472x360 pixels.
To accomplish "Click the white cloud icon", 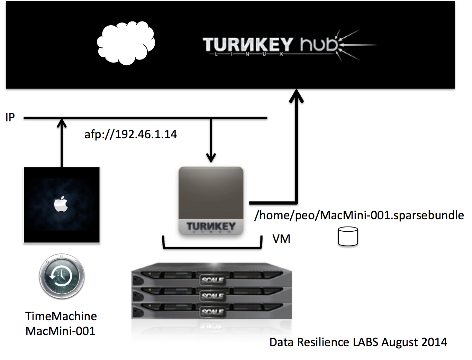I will point(126,43).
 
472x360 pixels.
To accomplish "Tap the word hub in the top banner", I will point(319,44).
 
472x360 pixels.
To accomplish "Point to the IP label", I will point(10,118).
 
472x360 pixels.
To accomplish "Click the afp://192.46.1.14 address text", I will point(130,134).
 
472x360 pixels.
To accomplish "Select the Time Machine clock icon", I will point(62,277).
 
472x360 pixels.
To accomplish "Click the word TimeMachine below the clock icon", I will point(61,316).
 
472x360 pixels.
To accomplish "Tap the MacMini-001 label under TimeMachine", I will point(60,331).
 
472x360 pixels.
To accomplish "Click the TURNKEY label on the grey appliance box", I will point(211,227).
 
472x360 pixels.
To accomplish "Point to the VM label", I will point(281,239).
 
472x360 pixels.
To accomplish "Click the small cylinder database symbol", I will point(348,237).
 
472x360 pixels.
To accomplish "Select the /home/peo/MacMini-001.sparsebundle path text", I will point(359,215).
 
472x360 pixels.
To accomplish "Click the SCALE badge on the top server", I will point(212,280).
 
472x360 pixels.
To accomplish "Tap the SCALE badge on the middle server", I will point(212,296).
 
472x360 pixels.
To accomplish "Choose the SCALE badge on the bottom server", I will point(212,312).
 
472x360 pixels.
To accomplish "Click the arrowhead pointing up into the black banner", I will point(296,95).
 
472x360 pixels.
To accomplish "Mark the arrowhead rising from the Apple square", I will point(62,123).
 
